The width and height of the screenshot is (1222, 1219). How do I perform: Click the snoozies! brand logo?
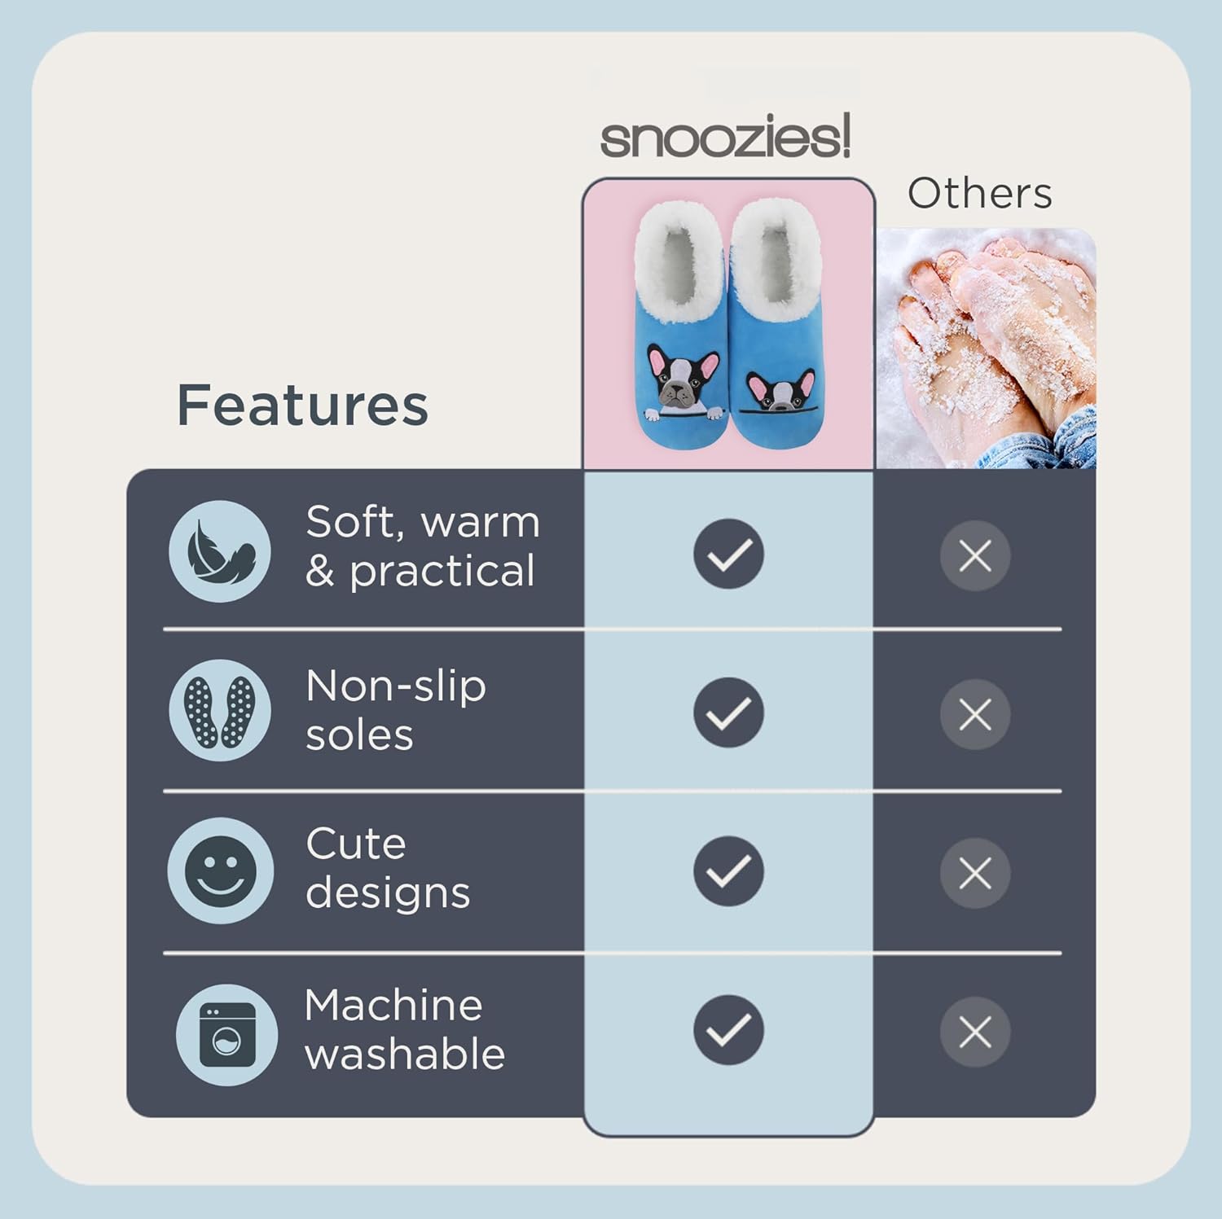pyautogui.click(x=726, y=137)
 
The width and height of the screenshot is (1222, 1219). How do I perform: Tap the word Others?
pyautogui.click(x=979, y=194)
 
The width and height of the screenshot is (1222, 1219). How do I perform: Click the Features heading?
pyautogui.click(x=302, y=405)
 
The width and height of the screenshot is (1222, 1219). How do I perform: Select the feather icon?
pyautogui.click(x=220, y=551)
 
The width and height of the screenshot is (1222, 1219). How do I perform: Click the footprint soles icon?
pyautogui.click(x=220, y=711)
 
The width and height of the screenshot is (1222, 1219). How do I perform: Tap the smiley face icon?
pyautogui.click(x=219, y=870)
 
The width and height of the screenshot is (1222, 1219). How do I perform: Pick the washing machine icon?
pyautogui.click(x=227, y=1035)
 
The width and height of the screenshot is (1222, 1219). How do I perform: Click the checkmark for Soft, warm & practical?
pyautogui.click(x=728, y=554)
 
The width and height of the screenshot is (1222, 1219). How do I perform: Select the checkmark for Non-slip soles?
pyautogui.click(x=728, y=713)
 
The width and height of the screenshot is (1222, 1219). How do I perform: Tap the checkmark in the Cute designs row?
pyautogui.click(x=728, y=871)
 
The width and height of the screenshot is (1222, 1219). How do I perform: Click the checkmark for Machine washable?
pyautogui.click(x=728, y=1030)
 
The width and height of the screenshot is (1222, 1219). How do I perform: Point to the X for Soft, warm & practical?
pyautogui.click(x=975, y=556)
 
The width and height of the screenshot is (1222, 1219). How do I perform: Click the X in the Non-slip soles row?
pyautogui.click(x=975, y=715)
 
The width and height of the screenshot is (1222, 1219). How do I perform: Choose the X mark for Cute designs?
pyautogui.click(x=975, y=874)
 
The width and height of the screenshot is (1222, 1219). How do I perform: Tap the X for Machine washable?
pyautogui.click(x=975, y=1033)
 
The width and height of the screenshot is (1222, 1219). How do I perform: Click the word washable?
pyautogui.click(x=405, y=1055)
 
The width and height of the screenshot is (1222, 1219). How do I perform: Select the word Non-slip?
pyautogui.click(x=396, y=686)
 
